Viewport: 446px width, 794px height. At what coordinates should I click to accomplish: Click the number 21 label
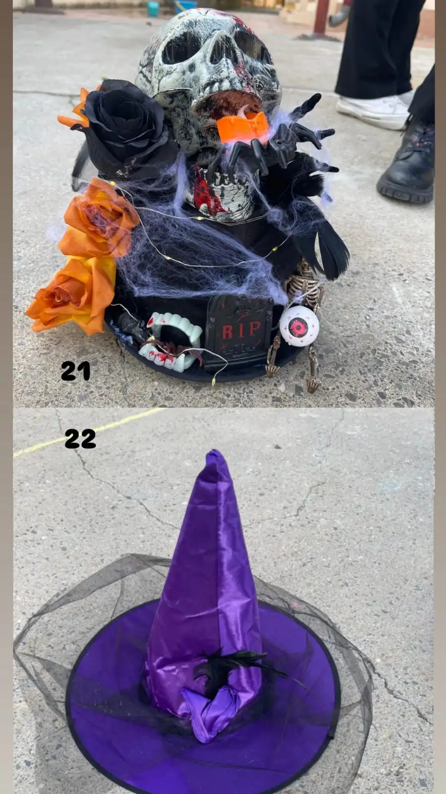pyautogui.click(x=75, y=371)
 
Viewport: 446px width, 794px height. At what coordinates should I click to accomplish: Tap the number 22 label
pyautogui.click(x=80, y=438)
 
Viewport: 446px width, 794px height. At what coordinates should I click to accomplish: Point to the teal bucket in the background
pyautogui.click(x=153, y=8)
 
